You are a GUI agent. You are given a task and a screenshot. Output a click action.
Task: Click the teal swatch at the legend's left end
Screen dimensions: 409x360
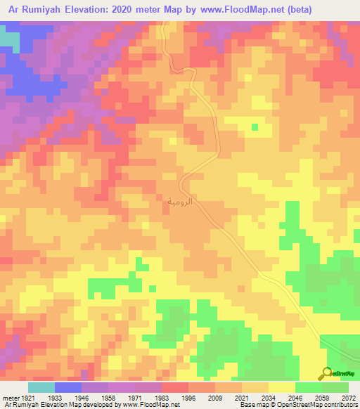point(41,387)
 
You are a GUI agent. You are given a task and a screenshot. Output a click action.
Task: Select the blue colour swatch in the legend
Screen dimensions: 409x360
point(68,387)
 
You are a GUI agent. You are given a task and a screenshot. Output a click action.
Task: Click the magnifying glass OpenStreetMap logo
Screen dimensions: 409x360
point(328,373)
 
